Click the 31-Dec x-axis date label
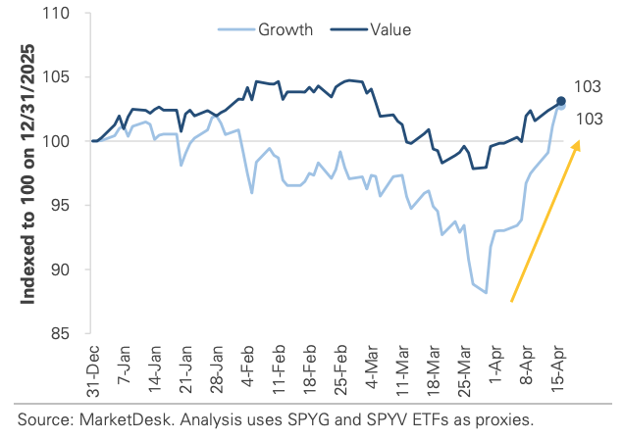[x=93, y=369]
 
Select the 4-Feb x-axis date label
[x=251, y=369]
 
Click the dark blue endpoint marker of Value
[x=561, y=101]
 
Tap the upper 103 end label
[x=588, y=87]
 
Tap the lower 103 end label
[x=588, y=120]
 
